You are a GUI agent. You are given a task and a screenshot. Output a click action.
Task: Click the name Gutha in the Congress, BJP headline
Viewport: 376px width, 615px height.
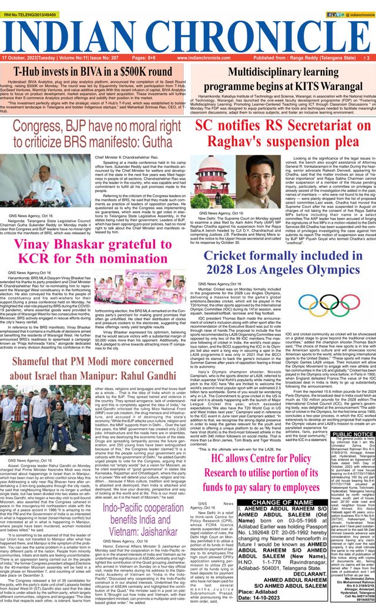157,143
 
